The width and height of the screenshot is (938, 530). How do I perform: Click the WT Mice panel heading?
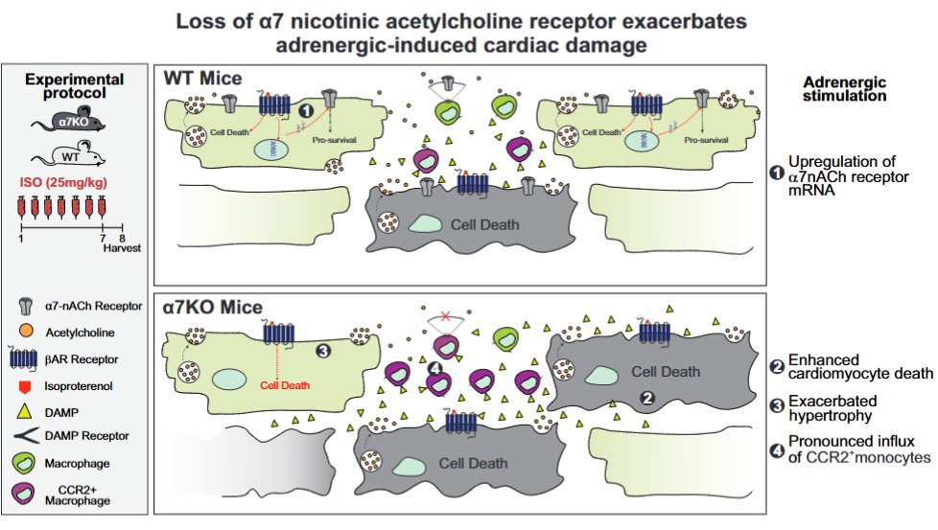tap(202, 78)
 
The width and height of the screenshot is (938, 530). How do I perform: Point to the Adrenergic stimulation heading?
tap(843, 89)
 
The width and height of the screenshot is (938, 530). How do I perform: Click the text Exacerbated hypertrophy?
tap(832, 407)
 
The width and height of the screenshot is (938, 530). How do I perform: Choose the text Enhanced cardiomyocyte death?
tap(843, 366)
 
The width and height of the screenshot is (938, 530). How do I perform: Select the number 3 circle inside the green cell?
tap(323, 352)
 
